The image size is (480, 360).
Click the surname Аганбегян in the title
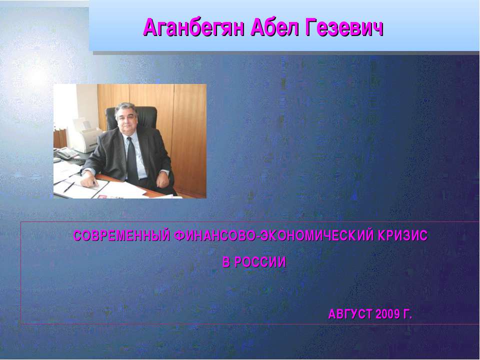[194, 27]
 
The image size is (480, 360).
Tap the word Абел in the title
[274, 27]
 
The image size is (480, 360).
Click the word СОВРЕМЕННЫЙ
[121, 235]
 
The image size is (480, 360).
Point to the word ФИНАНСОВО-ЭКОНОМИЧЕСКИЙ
[274, 235]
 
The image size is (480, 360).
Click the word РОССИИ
[260, 262]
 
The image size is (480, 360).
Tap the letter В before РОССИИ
[226, 262]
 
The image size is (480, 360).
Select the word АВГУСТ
[350, 314]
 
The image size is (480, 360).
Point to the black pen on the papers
[69, 187]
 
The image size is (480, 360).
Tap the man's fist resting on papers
[89, 181]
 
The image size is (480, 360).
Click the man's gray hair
[126, 108]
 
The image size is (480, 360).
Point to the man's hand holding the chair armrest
[162, 181]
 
